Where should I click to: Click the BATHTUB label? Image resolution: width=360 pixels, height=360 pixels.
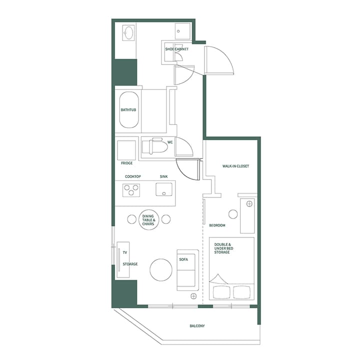point(128,109)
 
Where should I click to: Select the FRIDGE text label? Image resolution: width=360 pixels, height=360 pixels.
point(126,163)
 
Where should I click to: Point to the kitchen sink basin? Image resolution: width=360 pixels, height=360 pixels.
point(163,190)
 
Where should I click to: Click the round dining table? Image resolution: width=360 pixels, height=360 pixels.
point(148,219)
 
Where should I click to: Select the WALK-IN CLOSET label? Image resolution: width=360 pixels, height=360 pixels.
point(235,166)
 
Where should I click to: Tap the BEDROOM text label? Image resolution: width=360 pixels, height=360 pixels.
point(217,225)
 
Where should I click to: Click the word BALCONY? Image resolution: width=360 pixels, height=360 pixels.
point(197,326)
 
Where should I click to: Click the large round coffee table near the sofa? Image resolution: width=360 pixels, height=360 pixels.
point(161,270)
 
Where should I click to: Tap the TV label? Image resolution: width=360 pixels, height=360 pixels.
point(125,252)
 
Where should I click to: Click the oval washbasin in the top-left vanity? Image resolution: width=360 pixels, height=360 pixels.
point(128,34)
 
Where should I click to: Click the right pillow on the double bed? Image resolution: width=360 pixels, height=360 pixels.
point(242,292)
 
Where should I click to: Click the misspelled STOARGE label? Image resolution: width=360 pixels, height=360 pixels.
point(130,263)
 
